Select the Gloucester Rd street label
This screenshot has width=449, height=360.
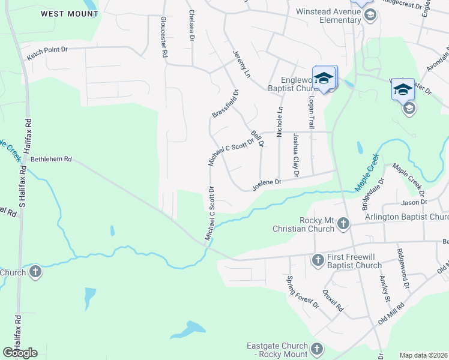(163, 37)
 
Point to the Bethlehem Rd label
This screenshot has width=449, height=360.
(51, 160)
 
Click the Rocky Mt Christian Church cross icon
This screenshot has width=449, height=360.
(343, 224)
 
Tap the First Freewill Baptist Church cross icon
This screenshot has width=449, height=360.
(318, 260)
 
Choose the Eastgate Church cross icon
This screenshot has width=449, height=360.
(317, 349)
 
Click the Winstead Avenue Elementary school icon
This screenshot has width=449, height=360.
(370, 15)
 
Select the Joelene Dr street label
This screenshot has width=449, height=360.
(267, 183)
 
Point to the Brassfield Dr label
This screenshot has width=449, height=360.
(225, 104)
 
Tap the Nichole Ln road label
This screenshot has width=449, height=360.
(279, 122)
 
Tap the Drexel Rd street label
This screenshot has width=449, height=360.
(333, 301)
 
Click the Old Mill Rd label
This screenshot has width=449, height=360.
(391, 314)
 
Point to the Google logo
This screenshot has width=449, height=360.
(20, 353)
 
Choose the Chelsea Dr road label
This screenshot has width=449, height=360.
(191, 25)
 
